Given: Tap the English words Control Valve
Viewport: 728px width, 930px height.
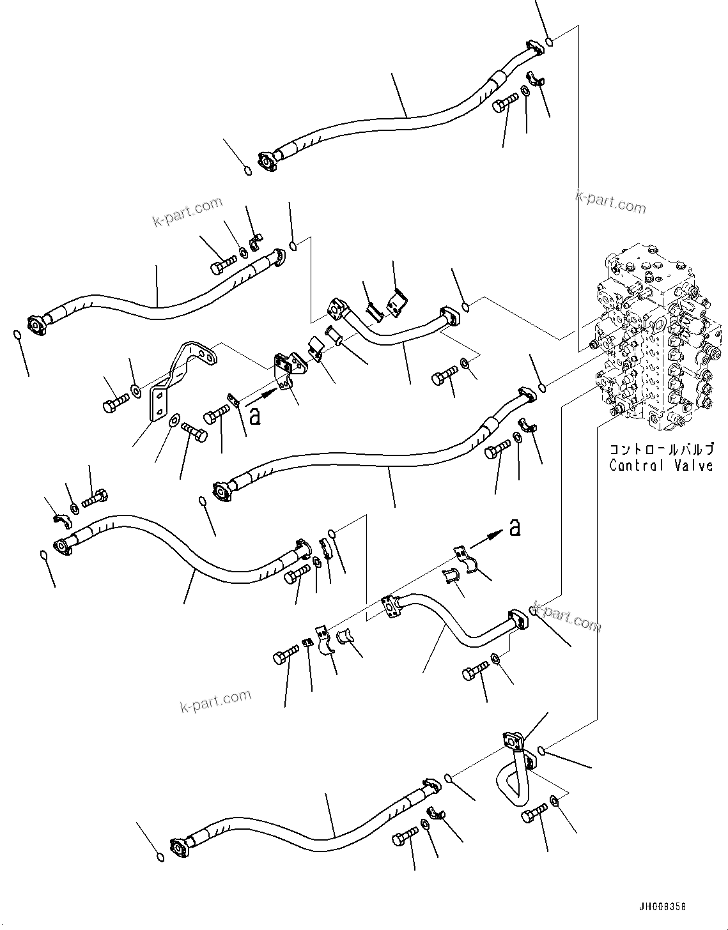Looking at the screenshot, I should click(661, 466).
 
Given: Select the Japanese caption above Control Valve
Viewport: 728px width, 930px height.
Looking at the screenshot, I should click(661, 450).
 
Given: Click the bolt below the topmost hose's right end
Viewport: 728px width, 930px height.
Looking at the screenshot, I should click(506, 102).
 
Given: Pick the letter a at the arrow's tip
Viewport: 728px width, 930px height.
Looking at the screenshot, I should click(514, 528).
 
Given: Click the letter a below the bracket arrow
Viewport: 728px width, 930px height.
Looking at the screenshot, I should click(255, 416).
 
